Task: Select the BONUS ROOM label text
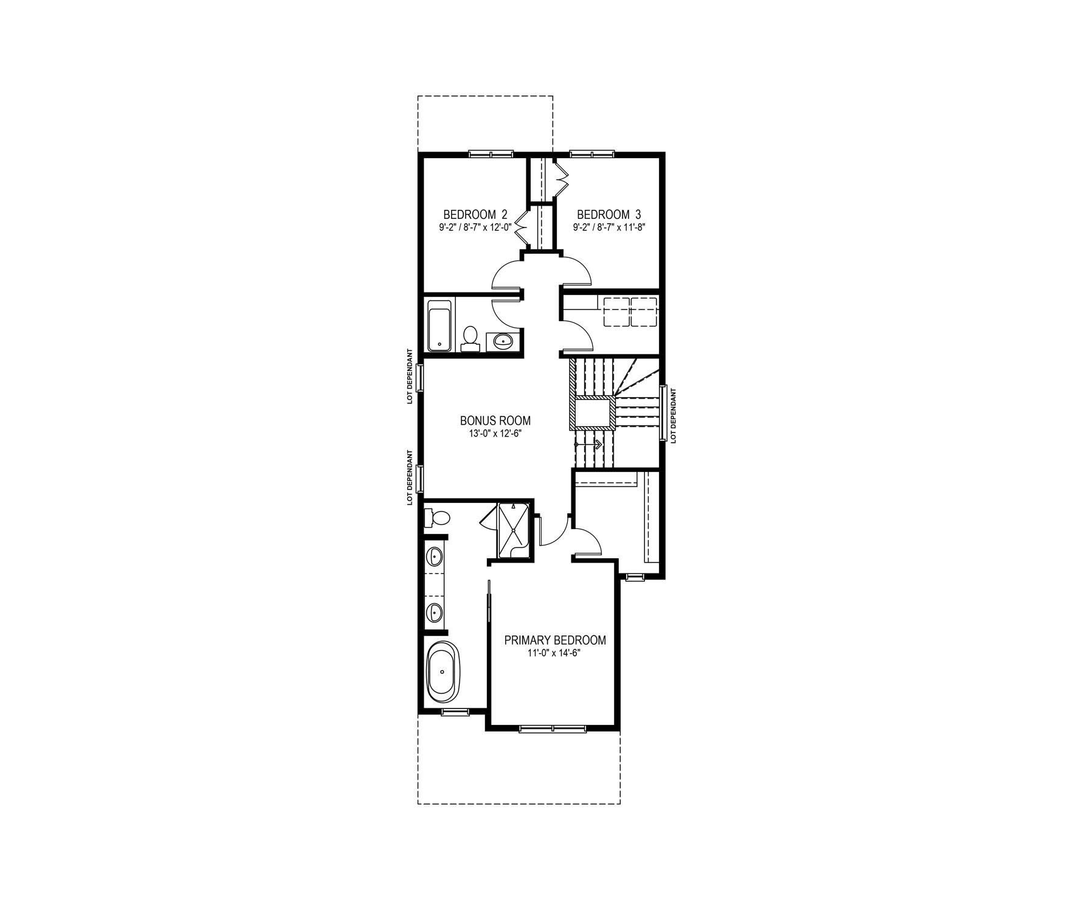coord(495,420)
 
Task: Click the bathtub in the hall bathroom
coord(439,325)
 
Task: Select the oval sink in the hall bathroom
coord(503,341)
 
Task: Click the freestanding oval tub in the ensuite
coord(444,671)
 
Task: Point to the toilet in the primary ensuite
coord(437,517)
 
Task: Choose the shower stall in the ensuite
coord(514,528)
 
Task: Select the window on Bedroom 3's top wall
coord(592,153)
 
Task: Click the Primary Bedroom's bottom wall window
coord(553,727)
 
